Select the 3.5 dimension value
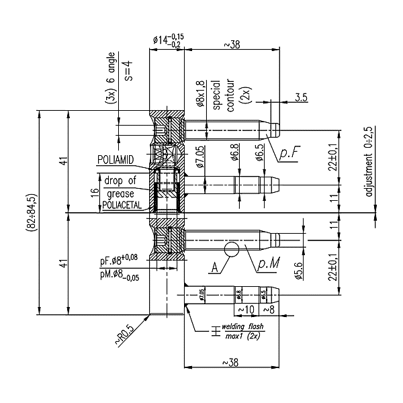pos(301,98)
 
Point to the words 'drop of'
pos(120,180)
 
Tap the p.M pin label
pos(269,265)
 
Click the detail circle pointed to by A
pos(232,249)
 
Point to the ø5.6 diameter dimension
pos(298,268)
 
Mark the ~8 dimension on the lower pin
pos(267,309)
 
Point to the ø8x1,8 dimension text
pos(200,94)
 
